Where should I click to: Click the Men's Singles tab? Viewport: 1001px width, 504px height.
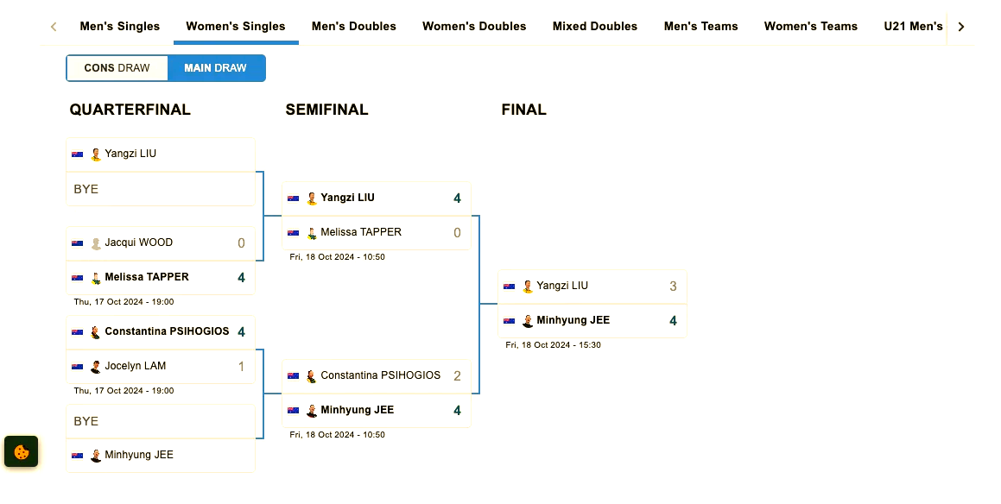pyautogui.click(x=119, y=26)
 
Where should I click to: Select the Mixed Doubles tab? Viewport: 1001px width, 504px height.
pyautogui.click(x=594, y=26)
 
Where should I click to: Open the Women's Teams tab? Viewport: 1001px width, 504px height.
pyautogui.click(x=810, y=26)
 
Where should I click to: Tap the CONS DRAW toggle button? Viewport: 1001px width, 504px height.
pyautogui.click(x=117, y=68)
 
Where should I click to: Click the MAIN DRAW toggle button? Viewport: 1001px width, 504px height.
pyautogui.click(x=215, y=68)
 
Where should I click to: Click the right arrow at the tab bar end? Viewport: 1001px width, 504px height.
pyautogui.click(x=961, y=27)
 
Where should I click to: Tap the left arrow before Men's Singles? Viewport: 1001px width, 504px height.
pyautogui.click(x=54, y=27)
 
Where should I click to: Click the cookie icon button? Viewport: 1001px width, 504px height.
pyautogui.click(x=22, y=451)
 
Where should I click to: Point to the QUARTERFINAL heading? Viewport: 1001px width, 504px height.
pyautogui.click(x=130, y=110)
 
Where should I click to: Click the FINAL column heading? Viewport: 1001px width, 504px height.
pyautogui.click(x=523, y=110)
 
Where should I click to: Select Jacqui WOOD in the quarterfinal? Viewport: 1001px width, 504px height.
pyautogui.click(x=139, y=243)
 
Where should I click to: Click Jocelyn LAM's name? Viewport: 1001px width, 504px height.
pyautogui.click(x=135, y=366)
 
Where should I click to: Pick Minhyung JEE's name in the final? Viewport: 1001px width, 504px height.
pyautogui.click(x=573, y=320)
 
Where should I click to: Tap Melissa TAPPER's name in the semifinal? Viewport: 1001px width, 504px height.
pyautogui.click(x=360, y=232)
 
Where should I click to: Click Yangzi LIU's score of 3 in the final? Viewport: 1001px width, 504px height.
pyautogui.click(x=673, y=287)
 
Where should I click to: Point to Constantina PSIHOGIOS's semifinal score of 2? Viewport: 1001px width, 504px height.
pyautogui.click(x=457, y=376)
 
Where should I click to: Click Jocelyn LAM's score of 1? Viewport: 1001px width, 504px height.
pyautogui.click(x=241, y=367)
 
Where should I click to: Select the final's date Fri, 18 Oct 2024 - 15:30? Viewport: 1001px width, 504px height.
pyautogui.click(x=553, y=345)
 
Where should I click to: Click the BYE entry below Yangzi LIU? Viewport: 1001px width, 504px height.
pyautogui.click(x=86, y=189)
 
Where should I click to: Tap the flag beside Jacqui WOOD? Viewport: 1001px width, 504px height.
pyautogui.click(x=77, y=243)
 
